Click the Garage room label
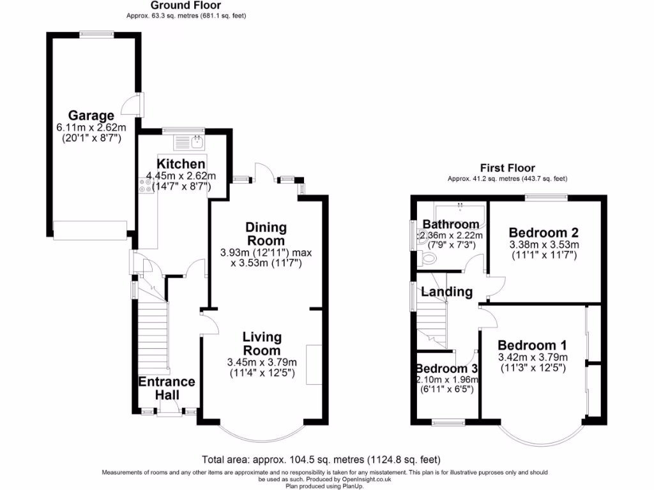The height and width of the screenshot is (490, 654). [x=91, y=115]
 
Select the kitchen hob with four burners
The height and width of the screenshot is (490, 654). [x=144, y=185]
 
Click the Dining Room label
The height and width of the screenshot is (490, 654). [x=266, y=234]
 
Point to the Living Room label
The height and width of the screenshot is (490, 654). [x=262, y=344]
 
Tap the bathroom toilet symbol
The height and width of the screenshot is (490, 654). [x=429, y=258]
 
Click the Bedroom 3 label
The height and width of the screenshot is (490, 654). [x=446, y=369]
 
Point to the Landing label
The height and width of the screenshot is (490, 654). [x=446, y=292]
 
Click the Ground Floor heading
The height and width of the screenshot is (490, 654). [x=186, y=6]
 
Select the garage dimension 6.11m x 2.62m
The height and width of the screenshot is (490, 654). [x=91, y=128]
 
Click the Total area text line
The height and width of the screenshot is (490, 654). [x=321, y=459]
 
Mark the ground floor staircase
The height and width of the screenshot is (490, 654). [x=151, y=345]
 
